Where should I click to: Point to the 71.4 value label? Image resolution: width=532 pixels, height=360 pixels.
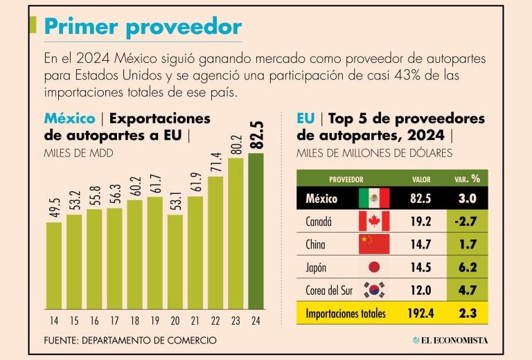(x=215, y=164)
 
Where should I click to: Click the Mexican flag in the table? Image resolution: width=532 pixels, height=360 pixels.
(x=374, y=199)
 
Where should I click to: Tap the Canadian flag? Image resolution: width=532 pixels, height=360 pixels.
(x=374, y=222)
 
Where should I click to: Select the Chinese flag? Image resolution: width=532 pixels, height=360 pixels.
(x=374, y=244)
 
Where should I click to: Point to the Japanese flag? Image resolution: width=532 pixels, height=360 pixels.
(x=374, y=267)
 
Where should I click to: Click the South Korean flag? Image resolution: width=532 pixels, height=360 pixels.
(x=374, y=290)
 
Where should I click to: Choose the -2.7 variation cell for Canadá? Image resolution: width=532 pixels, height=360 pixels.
(x=464, y=222)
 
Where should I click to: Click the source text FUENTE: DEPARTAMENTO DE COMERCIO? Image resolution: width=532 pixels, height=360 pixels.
(x=130, y=340)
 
